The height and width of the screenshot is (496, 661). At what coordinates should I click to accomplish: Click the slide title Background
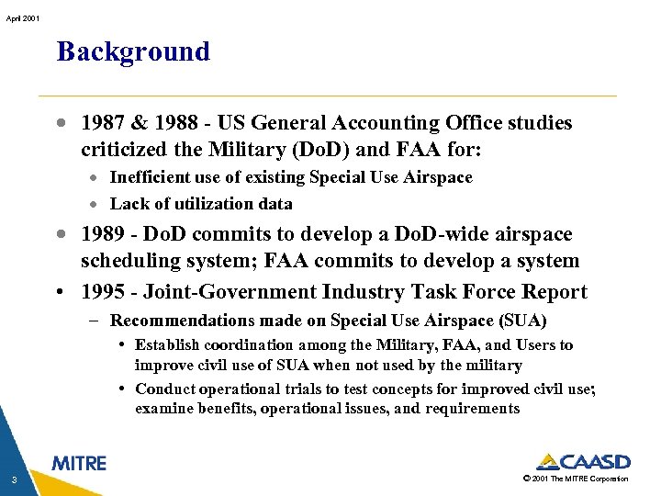pos(133,51)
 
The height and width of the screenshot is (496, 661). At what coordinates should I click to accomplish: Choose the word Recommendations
pos(178,321)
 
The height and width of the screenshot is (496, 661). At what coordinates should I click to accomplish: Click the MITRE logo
pos(79,463)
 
